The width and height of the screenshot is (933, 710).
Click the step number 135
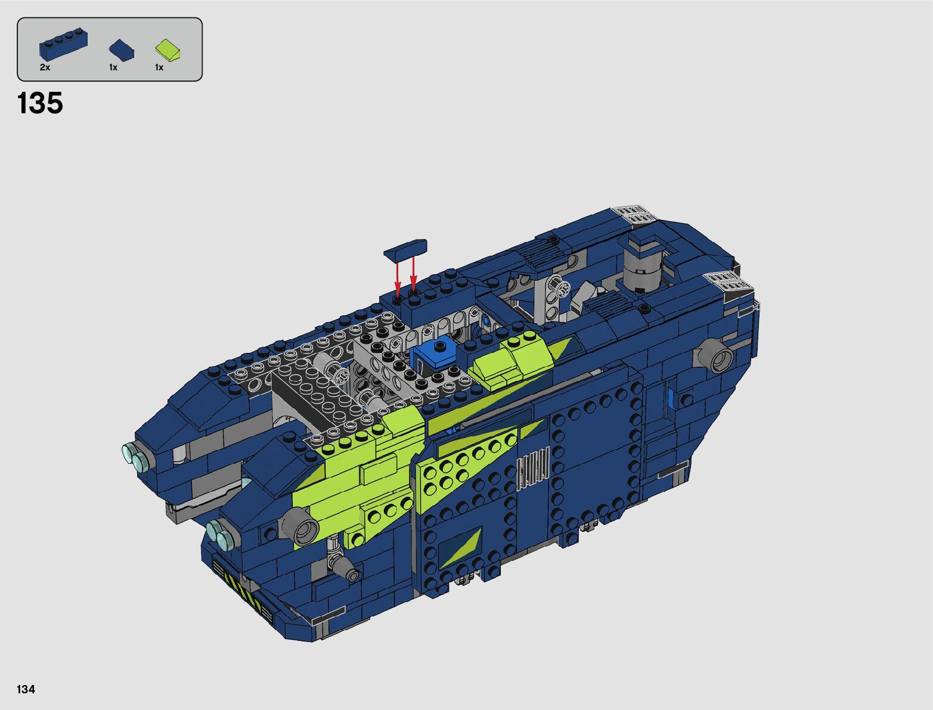pos(40,103)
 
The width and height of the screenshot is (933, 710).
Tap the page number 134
pos(26,689)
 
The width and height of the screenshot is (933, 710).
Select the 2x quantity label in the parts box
pos(45,67)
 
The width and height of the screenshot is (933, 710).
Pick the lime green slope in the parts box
pos(168,50)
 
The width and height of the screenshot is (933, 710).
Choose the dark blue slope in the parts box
pos(122,49)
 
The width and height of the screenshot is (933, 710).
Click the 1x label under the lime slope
pos(159,67)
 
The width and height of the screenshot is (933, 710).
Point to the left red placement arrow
pos(398,278)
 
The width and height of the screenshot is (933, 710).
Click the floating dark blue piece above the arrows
pos(405,250)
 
